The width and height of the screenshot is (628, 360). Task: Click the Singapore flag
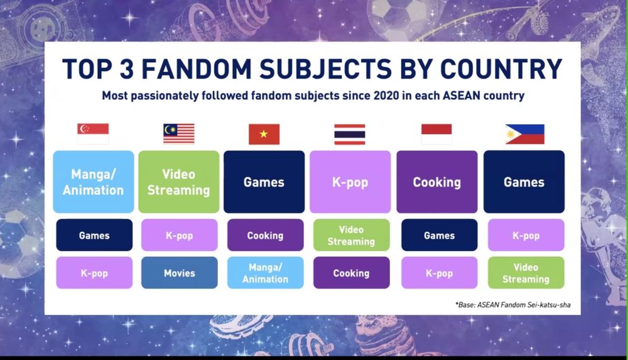tap(93, 134)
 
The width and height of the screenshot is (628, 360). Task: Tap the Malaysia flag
tap(178, 134)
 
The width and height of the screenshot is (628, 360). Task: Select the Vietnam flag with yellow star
tap(264, 134)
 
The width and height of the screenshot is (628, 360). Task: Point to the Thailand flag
tap(350, 134)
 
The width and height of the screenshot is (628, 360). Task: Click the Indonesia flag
tap(436, 134)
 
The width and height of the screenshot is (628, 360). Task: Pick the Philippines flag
tap(524, 134)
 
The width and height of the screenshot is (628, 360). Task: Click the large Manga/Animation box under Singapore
tap(94, 182)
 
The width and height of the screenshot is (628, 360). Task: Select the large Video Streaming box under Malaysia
tap(178, 182)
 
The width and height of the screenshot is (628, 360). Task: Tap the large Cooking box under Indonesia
tap(437, 182)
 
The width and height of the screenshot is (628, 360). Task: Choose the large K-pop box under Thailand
tap(350, 182)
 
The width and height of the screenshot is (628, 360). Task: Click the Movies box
tap(180, 273)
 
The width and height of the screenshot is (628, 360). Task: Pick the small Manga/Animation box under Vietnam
tap(266, 273)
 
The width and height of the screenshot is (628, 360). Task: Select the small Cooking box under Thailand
tap(351, 273)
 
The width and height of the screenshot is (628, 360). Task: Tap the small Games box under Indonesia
tap(440, 235)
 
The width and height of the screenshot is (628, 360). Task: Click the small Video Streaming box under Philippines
tap(526, 273)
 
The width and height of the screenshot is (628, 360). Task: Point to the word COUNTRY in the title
tap(501, 68)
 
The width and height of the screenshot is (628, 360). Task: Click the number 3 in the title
tap(126, 68)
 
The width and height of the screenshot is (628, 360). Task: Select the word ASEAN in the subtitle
tap(461, 96)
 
